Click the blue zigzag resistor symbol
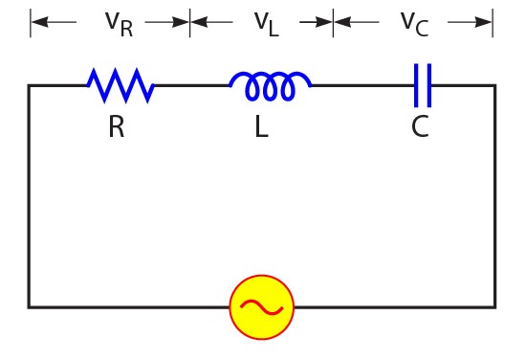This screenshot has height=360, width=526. coord(121,85)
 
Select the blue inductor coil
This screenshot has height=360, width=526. coord(270,86)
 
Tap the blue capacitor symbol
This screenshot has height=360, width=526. coord(423,85)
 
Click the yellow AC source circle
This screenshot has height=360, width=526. coord(261,306)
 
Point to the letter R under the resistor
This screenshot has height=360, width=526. coord(116,127)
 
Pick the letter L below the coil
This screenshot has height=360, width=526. coord(261,127)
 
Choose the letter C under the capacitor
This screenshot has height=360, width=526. coord(420,127)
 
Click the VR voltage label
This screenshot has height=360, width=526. coord(119,22)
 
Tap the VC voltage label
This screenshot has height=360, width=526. coord(414,22)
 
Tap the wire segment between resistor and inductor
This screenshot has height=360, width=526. coord(191,85)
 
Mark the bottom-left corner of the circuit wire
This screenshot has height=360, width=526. coord(29,306)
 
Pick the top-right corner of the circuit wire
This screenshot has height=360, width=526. coord(494,85)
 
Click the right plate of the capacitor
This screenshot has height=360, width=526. coord(429,85)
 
